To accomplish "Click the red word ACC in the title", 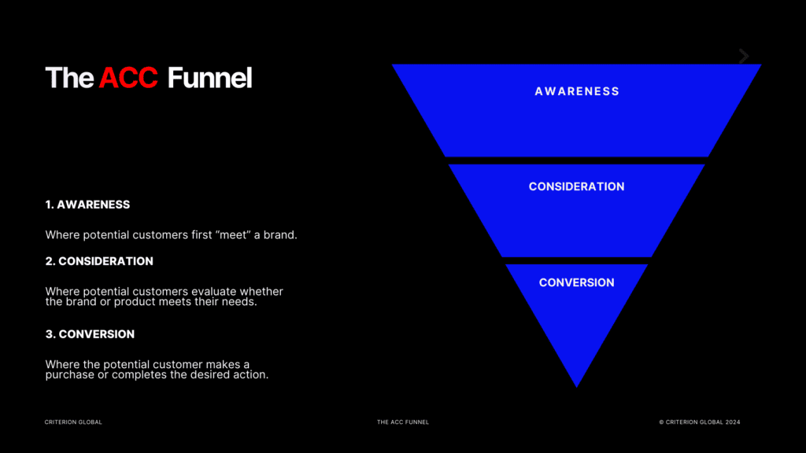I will pyautogui.click(x=128, y=78).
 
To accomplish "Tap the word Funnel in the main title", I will pyautogui.click(x=209, y=78).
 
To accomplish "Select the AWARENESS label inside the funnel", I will pyautogui.click(x=577, y=91).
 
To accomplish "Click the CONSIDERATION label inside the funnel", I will pyautogui.click(x=577, y=186).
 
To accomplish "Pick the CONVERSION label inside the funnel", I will pyautogui.click(x=577, y=282).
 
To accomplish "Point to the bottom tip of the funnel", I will pyautogui.click(x=577, y=385).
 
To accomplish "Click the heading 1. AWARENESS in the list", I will pyautogui.click(x=87, y=204).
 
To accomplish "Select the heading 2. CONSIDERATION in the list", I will pyautogui.click(x=99, y=261).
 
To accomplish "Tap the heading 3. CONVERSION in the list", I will pyautogui.click(x=90, y=334).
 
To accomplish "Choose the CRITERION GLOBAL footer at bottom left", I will pyautogui.click(x=73, y=422).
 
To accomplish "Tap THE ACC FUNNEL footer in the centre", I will pyautogui.click(x=403, y=422).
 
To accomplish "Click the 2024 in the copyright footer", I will pyautogui.click(x=733, y=422).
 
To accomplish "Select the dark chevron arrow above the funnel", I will pyautogui.click(x=744, y=56).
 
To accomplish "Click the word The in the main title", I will pyautogui.click(x=69, y=78).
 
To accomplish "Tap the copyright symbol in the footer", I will pyautogui.click(x=661, y=422).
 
